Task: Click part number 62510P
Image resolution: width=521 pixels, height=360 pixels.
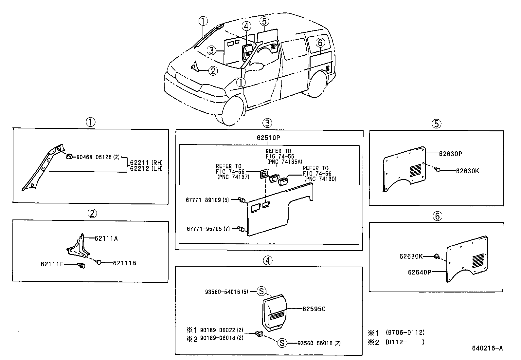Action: click(268, 138)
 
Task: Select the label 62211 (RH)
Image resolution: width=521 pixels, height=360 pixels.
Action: click(146, 163)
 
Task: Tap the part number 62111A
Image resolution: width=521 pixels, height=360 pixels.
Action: click(106, 238)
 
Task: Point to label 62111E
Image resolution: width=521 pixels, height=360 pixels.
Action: click(52, 264)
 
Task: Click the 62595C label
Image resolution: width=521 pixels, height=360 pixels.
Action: click(314, 309)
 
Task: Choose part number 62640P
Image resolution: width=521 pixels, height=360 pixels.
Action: click(419, 272)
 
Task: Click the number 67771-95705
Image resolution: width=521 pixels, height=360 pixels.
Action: click(205, 229)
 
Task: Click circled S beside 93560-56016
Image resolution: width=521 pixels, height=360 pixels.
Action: click(282, 343)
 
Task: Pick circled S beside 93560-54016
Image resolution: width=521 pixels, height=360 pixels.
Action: click(261, 291)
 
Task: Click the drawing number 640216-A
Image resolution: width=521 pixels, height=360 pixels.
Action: click(487, 348)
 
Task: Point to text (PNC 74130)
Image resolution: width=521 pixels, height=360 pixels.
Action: click(320, 179)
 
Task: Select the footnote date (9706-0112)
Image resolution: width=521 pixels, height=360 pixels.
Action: click(405, 332)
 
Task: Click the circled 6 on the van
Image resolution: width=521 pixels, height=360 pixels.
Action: click(320, 42)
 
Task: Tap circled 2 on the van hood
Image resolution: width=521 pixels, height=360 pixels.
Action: click(213, 70)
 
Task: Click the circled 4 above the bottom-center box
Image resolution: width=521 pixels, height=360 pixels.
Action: click(267, 260)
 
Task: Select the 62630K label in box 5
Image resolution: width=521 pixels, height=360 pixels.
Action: click(467, 171)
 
